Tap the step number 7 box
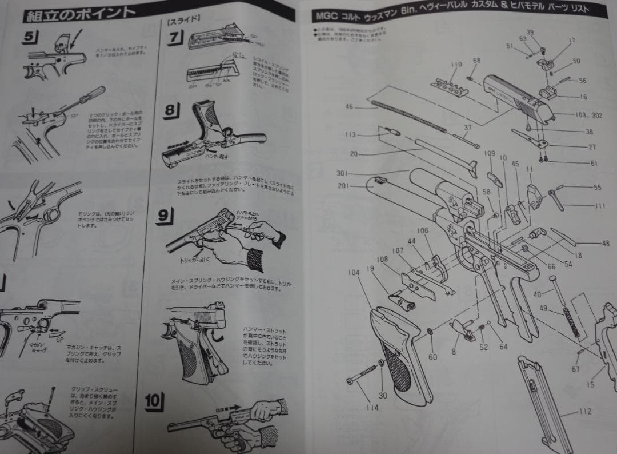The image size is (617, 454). click(174, 38)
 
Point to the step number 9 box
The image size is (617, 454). click(163, 216)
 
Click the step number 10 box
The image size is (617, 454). click(154, 401)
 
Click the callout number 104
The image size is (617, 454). click(354, 273)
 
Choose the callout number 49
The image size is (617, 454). click(544, 309)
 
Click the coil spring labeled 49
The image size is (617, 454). click(572, 323)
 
